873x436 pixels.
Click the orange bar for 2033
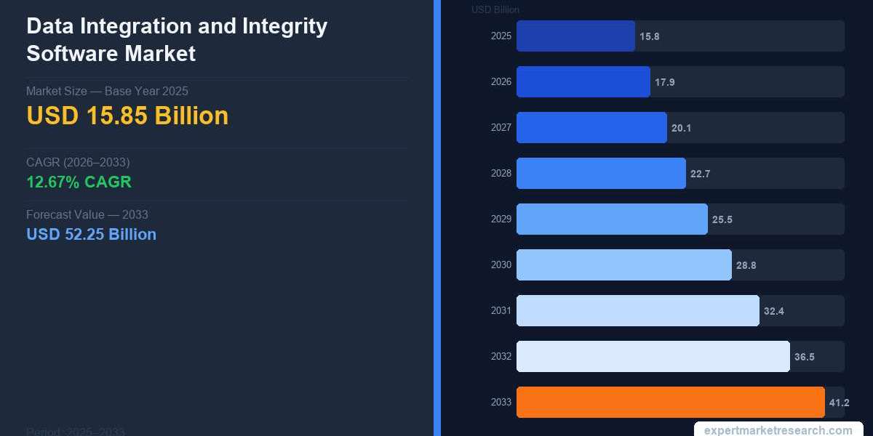tap(670, 402)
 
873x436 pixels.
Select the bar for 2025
tap(575, 36)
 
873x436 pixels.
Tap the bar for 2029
tap(612, 219)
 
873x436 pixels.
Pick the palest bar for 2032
tap(653, 356)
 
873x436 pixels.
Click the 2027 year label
tap(501, 128)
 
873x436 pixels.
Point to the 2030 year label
tap(501, 265)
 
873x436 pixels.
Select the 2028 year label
tap(501, 174)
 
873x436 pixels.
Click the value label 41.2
tap(839, 403)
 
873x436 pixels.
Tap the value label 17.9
tap(664, 82)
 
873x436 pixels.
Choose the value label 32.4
tap(773, 311)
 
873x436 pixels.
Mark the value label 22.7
tap(700, 174)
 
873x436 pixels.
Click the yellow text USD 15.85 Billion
tap(127, 116)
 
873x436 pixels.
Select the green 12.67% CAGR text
tap(79, 182)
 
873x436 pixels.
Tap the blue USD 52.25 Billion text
tap(91, 234)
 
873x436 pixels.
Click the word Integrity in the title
tap(283, 26)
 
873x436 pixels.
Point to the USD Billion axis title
tap(495, 9)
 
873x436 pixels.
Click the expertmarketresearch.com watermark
tap(778, 429)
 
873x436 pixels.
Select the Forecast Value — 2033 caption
tap(87, 214)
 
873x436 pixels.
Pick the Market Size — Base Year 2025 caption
tap(107, 91)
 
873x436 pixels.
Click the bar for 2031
tap(637, 311)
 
